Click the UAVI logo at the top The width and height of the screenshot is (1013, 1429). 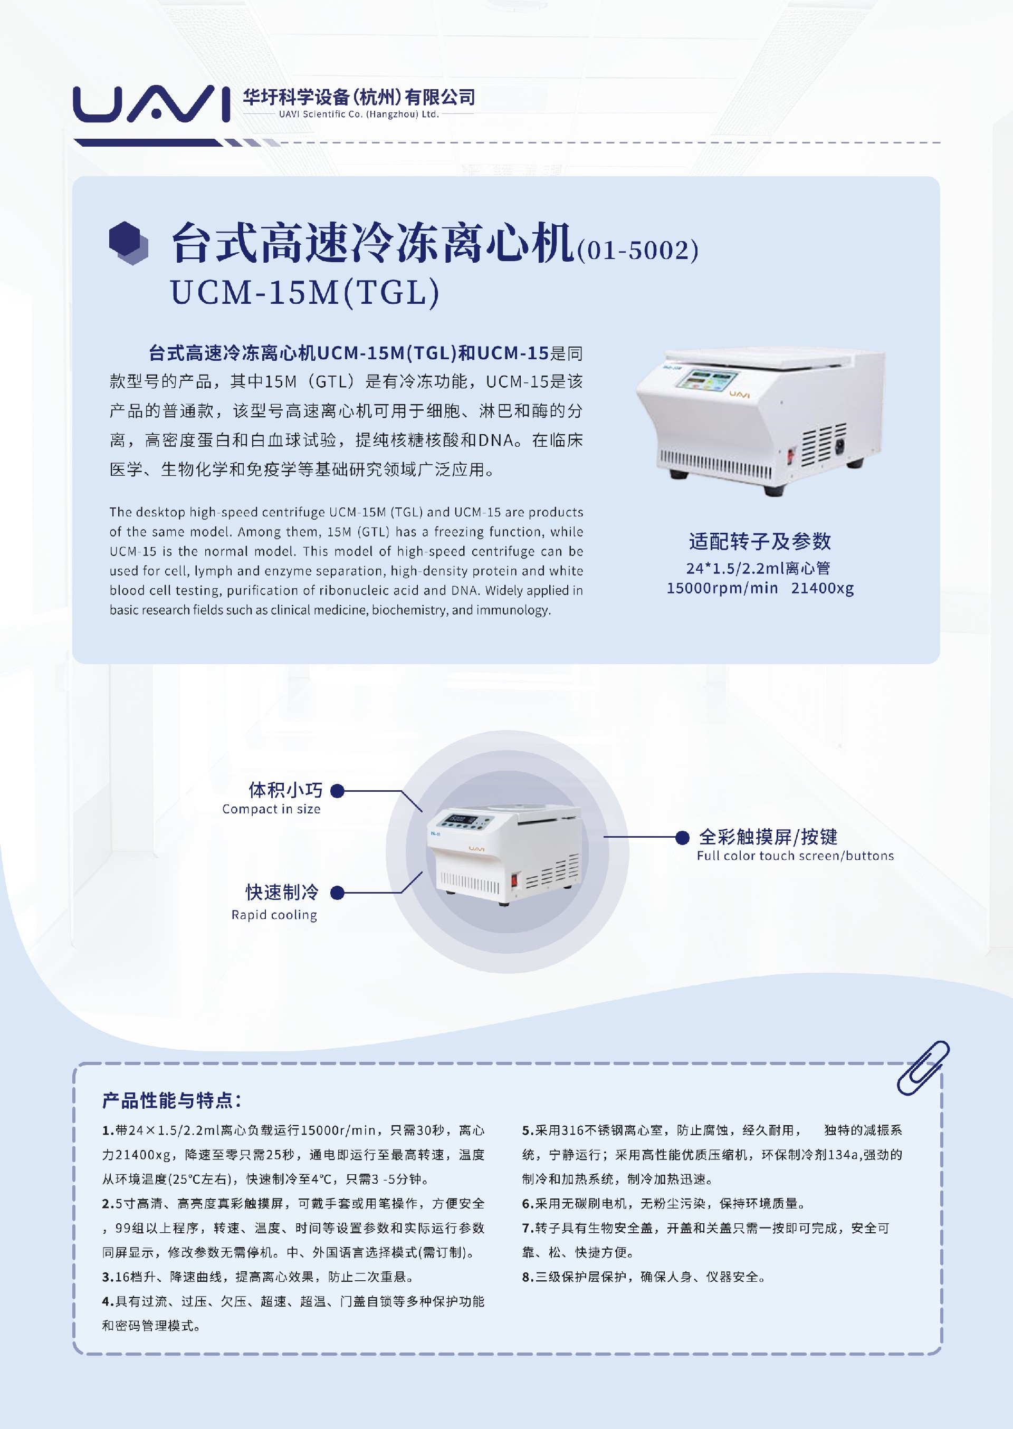151,103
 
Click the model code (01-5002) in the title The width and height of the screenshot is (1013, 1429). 637,251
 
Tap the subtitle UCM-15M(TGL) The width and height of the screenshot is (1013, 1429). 305,292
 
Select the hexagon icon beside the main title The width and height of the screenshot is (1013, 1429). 129,243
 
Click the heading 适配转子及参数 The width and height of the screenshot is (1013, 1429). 760,541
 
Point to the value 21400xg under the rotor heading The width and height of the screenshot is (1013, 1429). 822,588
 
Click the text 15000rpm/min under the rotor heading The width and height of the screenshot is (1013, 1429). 722,588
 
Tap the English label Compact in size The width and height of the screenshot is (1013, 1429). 271,809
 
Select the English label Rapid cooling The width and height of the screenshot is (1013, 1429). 274,915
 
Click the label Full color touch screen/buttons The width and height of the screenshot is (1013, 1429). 795,856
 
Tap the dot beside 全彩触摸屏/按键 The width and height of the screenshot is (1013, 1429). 682,837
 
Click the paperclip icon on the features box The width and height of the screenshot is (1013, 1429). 923,1067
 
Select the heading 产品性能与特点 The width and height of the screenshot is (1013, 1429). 171,1100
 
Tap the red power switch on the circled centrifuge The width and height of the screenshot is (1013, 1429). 514,880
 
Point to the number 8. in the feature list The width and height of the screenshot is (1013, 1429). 528,1277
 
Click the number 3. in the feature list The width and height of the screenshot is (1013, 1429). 108,1277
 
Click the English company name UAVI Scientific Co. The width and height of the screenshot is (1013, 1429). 359,114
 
